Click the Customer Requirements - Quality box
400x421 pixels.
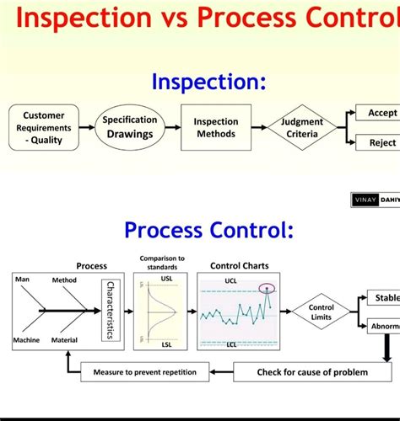tap(43, 127)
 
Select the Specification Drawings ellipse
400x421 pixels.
tap(130, 127)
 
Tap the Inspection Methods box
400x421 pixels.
tap(216, 127)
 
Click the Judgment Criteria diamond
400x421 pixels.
tap(301, 128)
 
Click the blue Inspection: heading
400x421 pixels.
tap(208, 82)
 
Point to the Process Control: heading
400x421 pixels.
tap(209, 229)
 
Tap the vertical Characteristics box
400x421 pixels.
tap(108, 310)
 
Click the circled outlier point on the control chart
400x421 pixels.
tap(268, 289)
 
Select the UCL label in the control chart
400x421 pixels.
tap(230, 280)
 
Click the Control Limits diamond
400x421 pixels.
tap(321, 312)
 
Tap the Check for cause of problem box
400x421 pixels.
tap(311, 371)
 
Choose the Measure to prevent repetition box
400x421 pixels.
tap(144, 371)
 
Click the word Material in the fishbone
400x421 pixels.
tap(66, 340)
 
